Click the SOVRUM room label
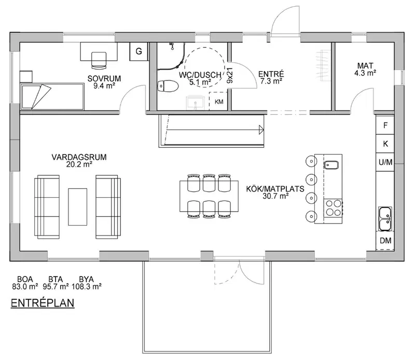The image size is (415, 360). click(x=104, y=79)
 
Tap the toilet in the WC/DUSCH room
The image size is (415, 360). click(x=168, y=86)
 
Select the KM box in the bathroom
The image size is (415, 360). click(x=218, y=101)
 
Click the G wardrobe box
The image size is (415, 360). click(x=139, y=51)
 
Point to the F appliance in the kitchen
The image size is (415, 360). click(x=385, y=125)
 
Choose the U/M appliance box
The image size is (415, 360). click(x=385, y=162)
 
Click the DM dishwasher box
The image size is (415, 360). click(x=385, y=241)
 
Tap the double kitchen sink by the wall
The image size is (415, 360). click(x=385, y=219)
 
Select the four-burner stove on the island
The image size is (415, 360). click(x=333, y=208)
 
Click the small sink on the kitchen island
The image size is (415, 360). click(x=331, y=165)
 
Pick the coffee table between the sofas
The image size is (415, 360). click(x=77, y=207)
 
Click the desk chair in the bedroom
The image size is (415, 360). click(x=99, y=59)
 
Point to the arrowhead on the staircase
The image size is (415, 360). click(x=261, y=130)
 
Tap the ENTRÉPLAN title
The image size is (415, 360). click(x=43, y=303)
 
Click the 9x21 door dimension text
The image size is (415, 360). click(x=230, y=75)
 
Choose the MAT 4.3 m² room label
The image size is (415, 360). click(x=365, y=69)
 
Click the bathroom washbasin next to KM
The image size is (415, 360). click(x=196, y=103)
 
